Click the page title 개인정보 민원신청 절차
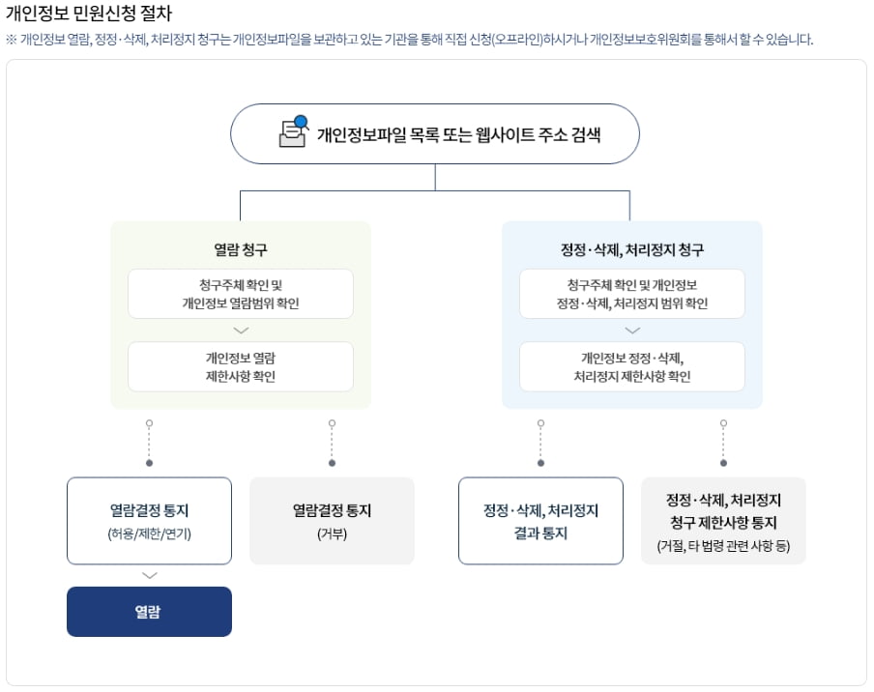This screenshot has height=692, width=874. point(89,13)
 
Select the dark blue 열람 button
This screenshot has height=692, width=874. point(150,611)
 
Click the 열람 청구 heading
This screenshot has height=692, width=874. point(241,249)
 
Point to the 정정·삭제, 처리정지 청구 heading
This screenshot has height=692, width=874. point(632,249)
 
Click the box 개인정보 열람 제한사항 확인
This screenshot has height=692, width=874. point(241,366)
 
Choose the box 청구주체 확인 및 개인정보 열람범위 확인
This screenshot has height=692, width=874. point(241,294)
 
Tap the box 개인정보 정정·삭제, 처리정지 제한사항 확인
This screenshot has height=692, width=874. point(632,366)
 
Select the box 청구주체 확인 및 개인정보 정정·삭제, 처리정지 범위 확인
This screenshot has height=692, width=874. point(632,294)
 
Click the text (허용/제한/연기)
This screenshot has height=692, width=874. point(150,533)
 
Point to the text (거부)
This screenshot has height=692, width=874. point(333,533)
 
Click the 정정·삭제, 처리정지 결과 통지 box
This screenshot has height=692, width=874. point(540,521)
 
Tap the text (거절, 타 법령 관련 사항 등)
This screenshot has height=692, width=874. point(723,545)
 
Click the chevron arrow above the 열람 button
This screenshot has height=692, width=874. point(150,575)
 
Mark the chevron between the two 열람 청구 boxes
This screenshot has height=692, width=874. point(241,331)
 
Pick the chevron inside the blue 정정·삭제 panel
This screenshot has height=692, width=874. point(632,331)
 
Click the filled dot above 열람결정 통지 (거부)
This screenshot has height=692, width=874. point(333,463)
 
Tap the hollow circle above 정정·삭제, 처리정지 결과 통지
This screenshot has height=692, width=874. point(540,423)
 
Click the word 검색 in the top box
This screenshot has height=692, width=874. point(586,135)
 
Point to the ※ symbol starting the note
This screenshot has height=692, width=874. point(12,40)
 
